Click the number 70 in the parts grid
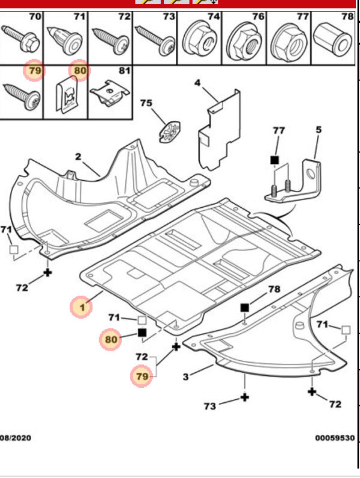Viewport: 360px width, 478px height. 35,16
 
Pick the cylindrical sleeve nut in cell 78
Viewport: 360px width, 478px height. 334,40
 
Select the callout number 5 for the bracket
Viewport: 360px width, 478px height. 319,129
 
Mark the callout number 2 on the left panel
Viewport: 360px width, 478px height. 78,157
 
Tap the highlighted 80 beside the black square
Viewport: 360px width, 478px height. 110,340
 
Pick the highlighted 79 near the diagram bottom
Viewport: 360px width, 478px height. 142,377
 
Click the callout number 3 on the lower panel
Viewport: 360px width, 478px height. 186,377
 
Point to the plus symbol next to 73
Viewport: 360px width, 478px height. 245,397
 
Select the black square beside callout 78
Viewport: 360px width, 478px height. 245,307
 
